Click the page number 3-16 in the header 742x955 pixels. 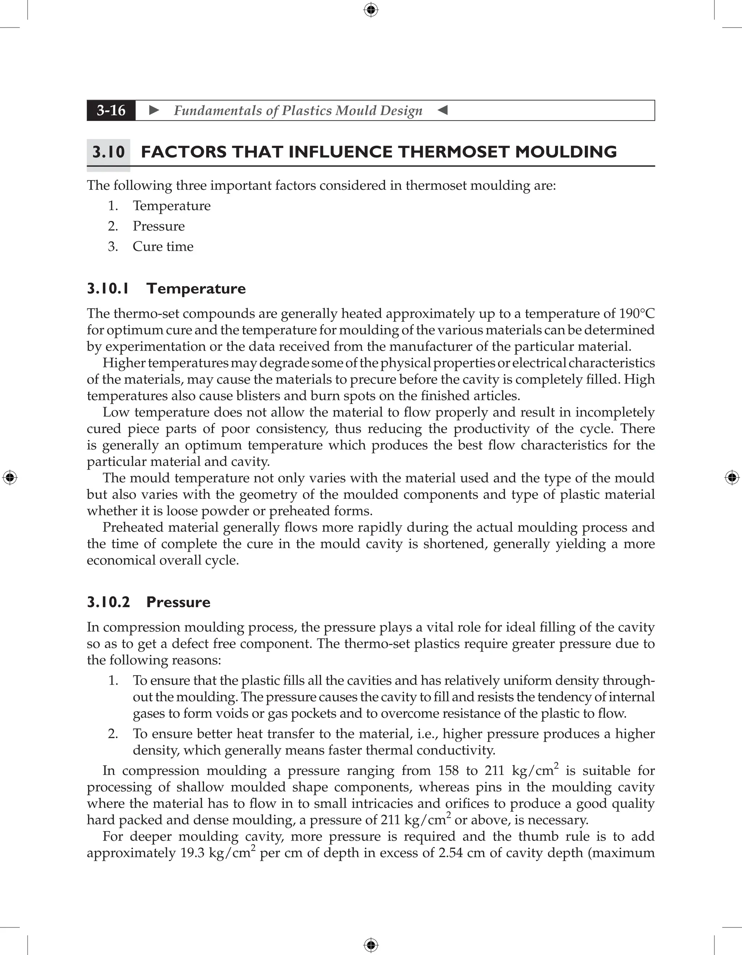(111, 110)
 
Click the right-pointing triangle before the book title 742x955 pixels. (154, 110)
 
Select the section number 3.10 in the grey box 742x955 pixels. (108, 152)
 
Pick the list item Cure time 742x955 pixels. (163, 246)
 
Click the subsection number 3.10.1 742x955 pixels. (108, 289)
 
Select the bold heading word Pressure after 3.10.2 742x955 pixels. (178, 602)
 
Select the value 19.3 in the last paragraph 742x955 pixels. (192, 853)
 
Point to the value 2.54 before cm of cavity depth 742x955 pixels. (450, 853)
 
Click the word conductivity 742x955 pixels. (456, 750)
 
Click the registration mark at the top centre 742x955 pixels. (371, 10)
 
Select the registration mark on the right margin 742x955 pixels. (732, 477)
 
